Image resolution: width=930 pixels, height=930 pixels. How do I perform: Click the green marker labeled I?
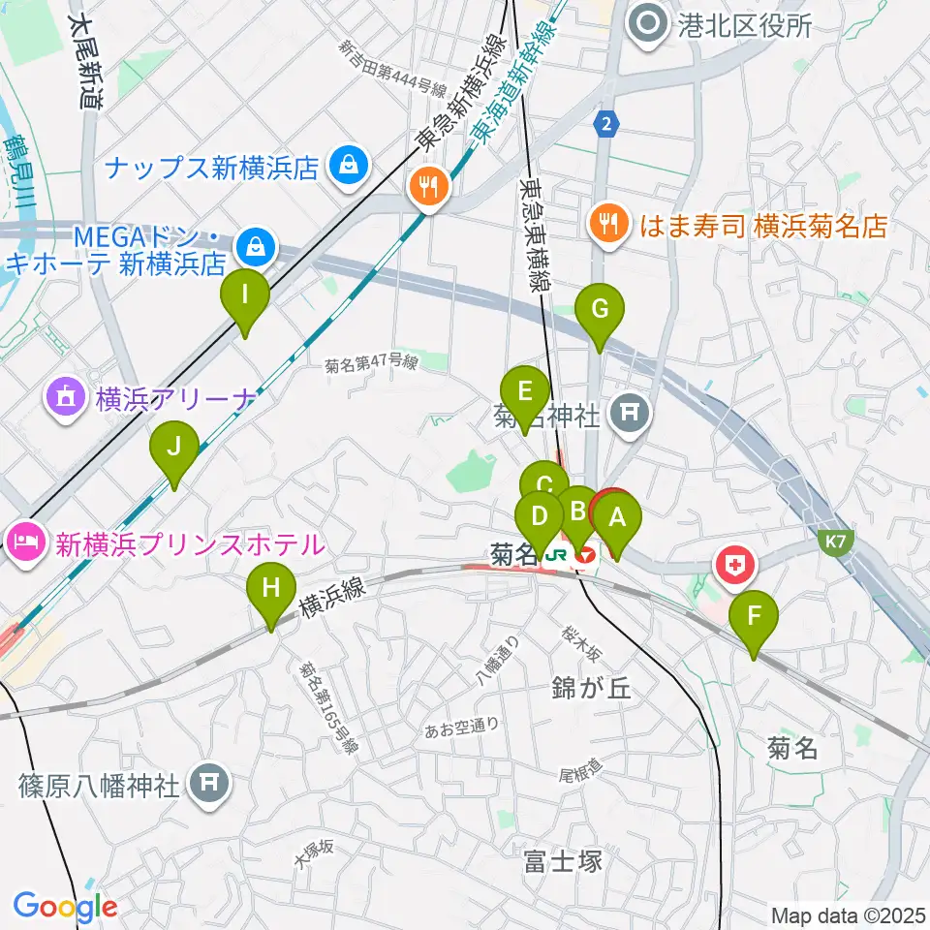[x=245, y=294]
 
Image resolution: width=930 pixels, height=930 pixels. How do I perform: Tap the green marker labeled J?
[x=174, y=449]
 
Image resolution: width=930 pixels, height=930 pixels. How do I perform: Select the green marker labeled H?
[x=271, y=589]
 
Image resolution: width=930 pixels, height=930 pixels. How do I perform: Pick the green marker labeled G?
[x=600, y=311]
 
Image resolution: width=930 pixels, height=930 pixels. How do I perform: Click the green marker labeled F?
[x=754, y=615]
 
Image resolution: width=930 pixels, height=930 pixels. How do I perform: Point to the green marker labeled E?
[x=525, y=393]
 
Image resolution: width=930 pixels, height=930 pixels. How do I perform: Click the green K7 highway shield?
[x=838, y=545]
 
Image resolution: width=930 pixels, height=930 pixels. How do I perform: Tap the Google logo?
[x=65, y=907]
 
